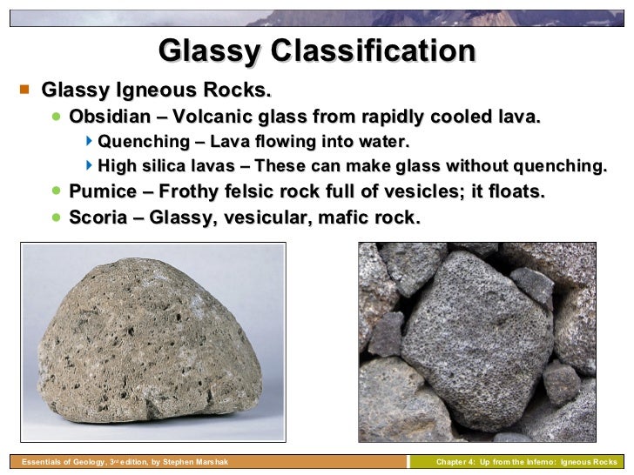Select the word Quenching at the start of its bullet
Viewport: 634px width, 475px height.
click(141, 142)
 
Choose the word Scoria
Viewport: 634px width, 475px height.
click(97, 217)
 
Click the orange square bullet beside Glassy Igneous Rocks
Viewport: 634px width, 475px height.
click(24, 90)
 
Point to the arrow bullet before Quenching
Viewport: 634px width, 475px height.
click(91, 141)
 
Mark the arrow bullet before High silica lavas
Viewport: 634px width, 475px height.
click(91, 166)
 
